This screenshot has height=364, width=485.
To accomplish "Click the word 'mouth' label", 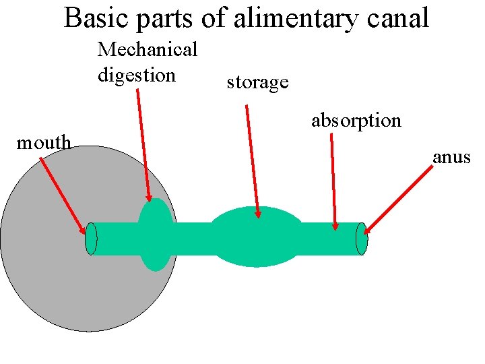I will tap(44, 142).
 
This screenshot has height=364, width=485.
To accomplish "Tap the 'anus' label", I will tap(451, 158).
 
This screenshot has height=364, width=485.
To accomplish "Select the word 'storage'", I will tap(257, 82).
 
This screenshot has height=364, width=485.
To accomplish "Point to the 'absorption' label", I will tap(356, 120).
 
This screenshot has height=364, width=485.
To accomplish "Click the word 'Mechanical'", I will tap(147, 49).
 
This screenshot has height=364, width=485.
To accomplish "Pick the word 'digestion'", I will tap(136, 74).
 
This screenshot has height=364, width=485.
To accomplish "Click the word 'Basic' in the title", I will tap(98, 18).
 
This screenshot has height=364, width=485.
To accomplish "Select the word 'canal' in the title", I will tap(397, 18).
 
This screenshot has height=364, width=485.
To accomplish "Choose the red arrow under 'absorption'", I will tap(334, 182).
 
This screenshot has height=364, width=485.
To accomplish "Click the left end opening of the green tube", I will tap(92, 239).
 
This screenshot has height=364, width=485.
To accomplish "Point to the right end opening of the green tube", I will tap(362, 239).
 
